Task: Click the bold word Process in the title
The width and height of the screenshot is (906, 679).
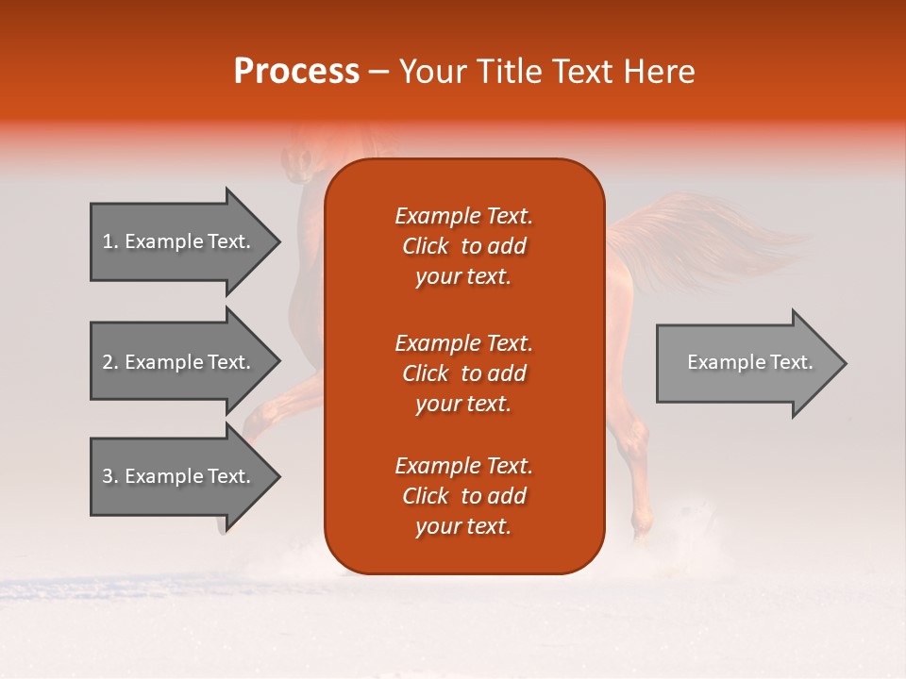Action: [x=296, y=72]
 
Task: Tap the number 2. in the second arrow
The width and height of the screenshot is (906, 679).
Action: [x=110, y=362]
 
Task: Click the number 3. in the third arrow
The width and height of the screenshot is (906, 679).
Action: [x=110, y=476]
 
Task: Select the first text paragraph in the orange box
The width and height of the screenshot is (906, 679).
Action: [x=463, y=246]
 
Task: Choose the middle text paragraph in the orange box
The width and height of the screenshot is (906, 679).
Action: [x=463, y=373]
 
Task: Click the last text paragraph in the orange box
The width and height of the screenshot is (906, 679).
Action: [x=463, y=496]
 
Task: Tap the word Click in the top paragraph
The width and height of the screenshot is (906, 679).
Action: [x=425, y=246]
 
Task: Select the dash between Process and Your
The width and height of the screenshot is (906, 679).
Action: [x=378, y=73]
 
